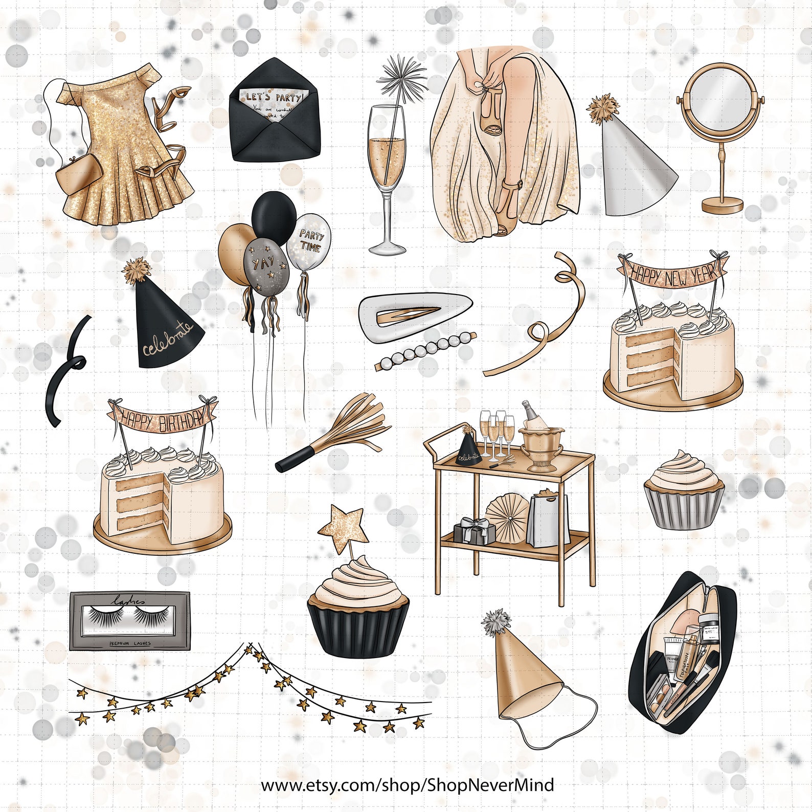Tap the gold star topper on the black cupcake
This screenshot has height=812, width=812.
pos(344,524)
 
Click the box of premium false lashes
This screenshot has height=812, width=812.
pos(129,620)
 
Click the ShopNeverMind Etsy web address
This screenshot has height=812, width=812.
pos(407,784)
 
